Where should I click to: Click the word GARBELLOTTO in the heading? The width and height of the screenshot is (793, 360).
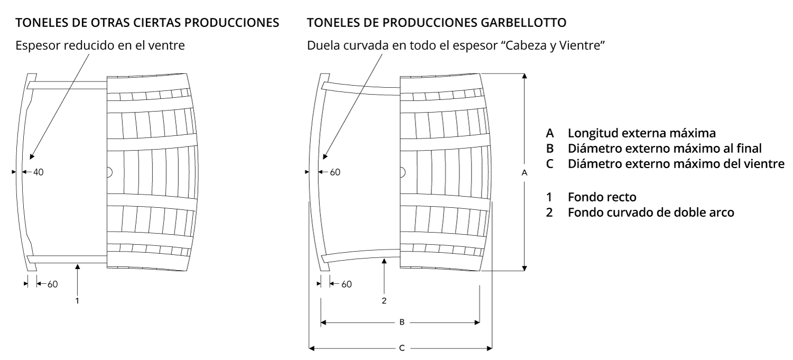[x=523, y=23]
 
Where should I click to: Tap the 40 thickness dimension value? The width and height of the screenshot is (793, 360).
[x=38, y=172]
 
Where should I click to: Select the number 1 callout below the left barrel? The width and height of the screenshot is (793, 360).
[x=77, y=301]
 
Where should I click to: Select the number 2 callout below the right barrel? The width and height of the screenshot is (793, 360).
[x=384, y=301]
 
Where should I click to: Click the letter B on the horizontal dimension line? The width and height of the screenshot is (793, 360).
[x=402, y=322]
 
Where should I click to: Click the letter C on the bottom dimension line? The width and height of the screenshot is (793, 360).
[x=402, y=348]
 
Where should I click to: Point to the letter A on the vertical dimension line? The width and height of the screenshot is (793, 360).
[x=524, y=173]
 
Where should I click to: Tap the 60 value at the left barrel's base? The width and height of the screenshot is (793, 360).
[x=53, y=284]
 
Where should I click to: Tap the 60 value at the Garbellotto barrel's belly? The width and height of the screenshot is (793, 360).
[x=335, y=172]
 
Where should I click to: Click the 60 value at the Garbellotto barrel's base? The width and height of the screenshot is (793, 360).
[x=347, y=284]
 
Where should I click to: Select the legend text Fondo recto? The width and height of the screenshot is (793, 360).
[x=602, y=197]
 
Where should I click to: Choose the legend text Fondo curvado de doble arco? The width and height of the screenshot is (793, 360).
[x=651, y=213]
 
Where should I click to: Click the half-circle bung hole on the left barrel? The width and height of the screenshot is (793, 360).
[x=110, y=172]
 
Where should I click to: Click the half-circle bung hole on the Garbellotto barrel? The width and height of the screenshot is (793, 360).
[x=403, y=172]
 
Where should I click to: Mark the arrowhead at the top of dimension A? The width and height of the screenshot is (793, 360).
[x=524, y=76]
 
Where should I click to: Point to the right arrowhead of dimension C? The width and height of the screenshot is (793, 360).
[x=490, y=348]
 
